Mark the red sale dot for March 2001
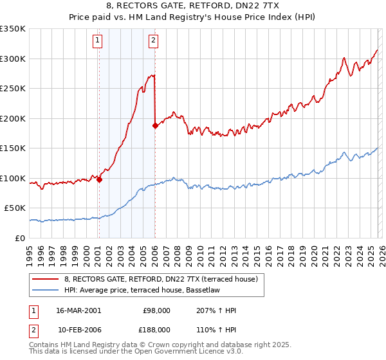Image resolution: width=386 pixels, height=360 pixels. pos(99,180)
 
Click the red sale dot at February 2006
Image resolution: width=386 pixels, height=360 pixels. pos(155,126)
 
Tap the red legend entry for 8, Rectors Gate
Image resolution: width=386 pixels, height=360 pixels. pos(161,279)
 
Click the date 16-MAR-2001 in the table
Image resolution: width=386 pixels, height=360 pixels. pos(78,310)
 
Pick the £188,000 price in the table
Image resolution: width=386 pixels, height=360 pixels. pos(156,329)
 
